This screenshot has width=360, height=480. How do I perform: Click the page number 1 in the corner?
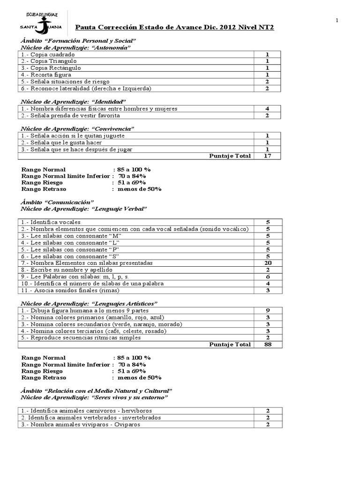click(337, 20)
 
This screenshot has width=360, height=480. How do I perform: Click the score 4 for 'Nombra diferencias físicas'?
click(267, 108)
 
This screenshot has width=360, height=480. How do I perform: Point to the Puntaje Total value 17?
click(267, 156)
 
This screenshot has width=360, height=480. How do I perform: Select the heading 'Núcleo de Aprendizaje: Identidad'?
click(74, 101)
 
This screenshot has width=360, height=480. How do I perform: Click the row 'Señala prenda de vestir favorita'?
click(70, 115)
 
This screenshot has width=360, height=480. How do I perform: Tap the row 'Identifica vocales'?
click(51, 222)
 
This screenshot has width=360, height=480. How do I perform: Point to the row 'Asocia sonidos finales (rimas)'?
click(71, 291)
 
